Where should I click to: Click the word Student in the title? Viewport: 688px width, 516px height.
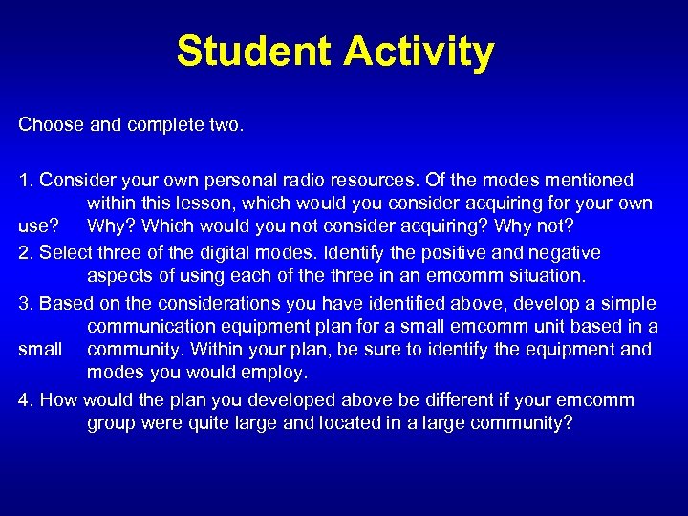pyautogui.click(x=253, y=52)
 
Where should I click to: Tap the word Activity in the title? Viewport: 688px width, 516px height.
pyautogui.click(x=419, y=52)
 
